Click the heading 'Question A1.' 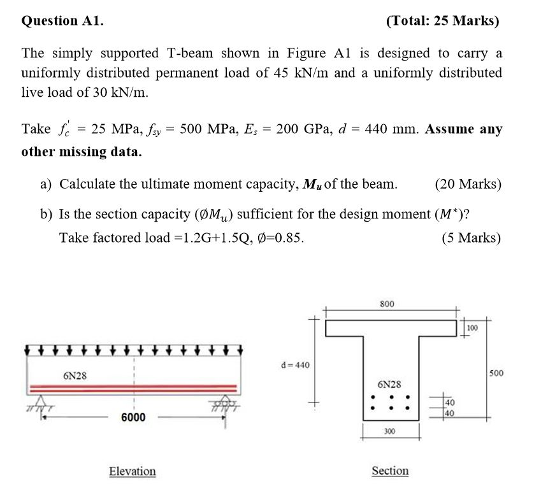point(62,20)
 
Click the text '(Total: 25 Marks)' point(443,20)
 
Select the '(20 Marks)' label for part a point(468,185)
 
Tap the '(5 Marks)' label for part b point(471,238)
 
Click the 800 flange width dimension point(387,304)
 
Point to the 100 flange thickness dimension point(472,327)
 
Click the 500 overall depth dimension point(496,373)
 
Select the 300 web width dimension point(389,431)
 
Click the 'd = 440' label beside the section point(295,365)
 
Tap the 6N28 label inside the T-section point(389,385)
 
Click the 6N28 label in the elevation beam point(75,376)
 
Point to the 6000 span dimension point(133,417)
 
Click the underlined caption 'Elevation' point(132,471)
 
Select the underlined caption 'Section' point(390,471)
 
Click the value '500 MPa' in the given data point(206,129)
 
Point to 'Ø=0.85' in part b point(278,238)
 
